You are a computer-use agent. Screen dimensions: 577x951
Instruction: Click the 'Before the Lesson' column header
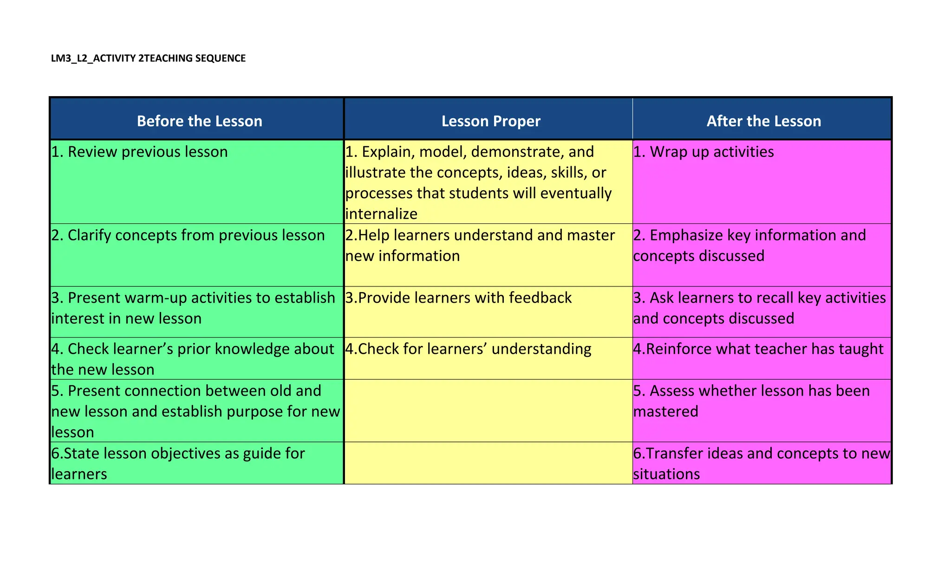pyautogui.click(x=199, y=121)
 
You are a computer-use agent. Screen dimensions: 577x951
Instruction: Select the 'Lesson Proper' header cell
pyautogui.click(x=491, y=121)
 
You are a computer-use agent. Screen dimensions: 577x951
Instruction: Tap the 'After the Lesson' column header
pyautogui.click(x=763, y=121)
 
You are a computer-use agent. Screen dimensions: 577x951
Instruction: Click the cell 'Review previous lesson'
pyautogui.click(x=139, y=152)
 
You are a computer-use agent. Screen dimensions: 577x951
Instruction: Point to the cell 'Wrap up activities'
pyautogui.click(x=703, y=152)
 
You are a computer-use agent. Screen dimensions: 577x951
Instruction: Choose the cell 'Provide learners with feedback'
pyautogui.click(x=458, y=298)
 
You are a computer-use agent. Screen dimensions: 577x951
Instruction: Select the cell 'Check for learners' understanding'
pyautogui.click(x=468, y=349)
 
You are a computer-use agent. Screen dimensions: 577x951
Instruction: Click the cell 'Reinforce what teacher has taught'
pyautogui.click(x=758, y=349)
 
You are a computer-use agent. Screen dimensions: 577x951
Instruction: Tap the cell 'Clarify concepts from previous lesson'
pyautogui.click(x=188, y=235)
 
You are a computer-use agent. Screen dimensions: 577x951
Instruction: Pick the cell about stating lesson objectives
pyautogui.click(x=178, y=463)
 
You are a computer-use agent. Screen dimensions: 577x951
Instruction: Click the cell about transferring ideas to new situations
pyautogui.click(x=762, y=463)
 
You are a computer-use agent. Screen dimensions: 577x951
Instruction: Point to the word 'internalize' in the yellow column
pyautogui.click(x=381, y=214)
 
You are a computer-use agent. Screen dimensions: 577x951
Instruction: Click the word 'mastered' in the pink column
pyautogui.click(x=665, y=412)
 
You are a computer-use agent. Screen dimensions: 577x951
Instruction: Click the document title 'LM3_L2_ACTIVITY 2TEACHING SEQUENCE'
pyautogui.click(x=148, y=58)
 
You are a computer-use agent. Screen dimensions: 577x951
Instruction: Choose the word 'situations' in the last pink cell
pyautogui.click(x=666, y=474)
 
